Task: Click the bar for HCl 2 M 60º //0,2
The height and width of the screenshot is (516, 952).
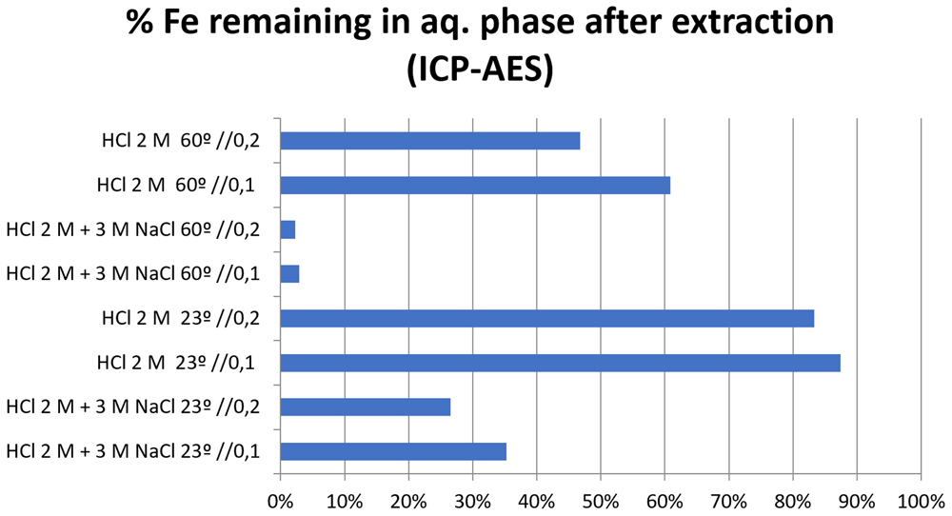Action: tap(430, 141)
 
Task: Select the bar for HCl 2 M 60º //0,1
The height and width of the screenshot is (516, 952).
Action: tap(475, 185)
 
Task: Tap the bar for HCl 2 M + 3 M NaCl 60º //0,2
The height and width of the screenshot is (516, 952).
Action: tap(288, 230)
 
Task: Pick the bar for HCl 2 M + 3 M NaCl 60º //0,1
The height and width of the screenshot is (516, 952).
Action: tap(289, 274)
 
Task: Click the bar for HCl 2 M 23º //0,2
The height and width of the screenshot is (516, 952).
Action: tap(547, 319)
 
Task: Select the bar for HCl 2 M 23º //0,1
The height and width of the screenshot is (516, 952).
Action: tap(561, 363)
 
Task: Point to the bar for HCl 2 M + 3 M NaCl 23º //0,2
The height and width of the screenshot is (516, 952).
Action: tap(366, 407)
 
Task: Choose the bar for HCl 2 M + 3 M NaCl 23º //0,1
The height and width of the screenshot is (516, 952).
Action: tap(393, 451)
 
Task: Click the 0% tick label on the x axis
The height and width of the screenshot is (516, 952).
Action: tap(281, 502)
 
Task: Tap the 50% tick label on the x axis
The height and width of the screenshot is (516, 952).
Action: tap(601, 502)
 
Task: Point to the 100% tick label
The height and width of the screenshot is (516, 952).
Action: tap(922, 502)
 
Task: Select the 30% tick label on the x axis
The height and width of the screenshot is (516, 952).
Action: tap(472, 502)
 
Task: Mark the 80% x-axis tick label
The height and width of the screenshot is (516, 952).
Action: tap(793, 502)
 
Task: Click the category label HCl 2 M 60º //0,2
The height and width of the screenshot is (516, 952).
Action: tap(181, 141)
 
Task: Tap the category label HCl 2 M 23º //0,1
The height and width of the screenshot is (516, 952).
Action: tap(175, 363)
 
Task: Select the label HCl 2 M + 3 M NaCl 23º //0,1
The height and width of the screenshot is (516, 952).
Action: tap(133, 451)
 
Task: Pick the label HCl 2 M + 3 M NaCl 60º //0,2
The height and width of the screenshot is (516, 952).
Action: tap(133, 230)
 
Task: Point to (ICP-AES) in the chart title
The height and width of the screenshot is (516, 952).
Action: tap(480, 70)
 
